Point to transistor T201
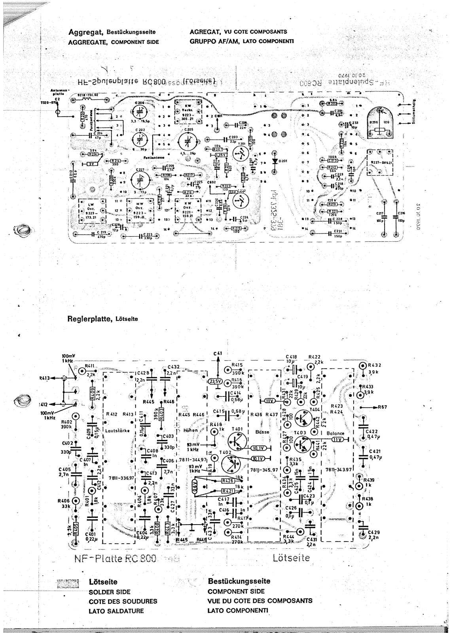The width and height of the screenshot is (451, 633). click(239, 154)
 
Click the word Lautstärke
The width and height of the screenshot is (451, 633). click(116, 431)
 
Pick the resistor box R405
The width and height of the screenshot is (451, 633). click(75, 528)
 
